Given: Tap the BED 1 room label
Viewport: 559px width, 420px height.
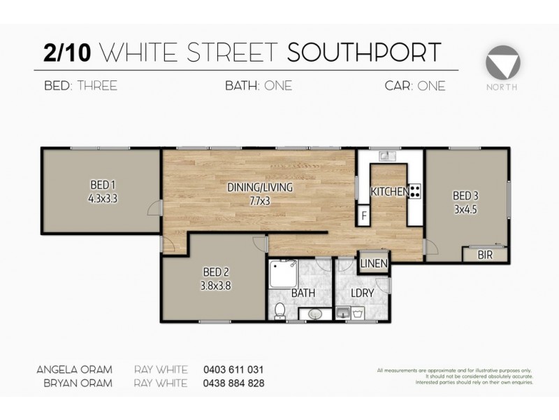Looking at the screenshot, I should (103, 185).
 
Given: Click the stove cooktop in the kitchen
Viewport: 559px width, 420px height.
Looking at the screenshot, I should (414, 191).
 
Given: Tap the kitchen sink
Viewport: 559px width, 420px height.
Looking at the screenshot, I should (383, 157).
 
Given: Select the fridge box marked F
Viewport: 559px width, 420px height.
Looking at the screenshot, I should (364, 215).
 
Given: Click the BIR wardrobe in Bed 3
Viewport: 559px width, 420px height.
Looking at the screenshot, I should (485, 255).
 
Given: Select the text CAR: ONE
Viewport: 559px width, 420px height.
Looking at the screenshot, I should (415, 87).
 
